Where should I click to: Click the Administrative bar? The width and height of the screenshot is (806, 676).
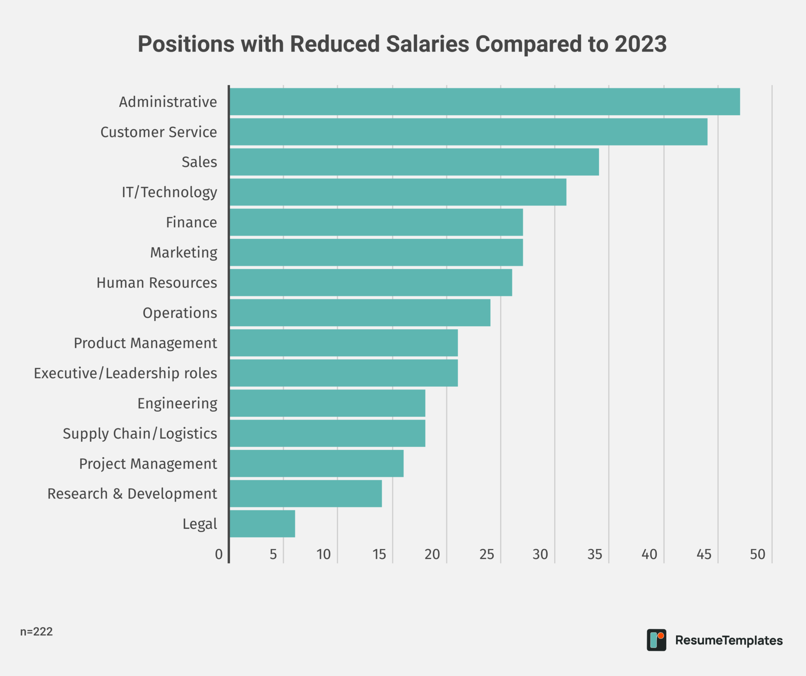[484, 102]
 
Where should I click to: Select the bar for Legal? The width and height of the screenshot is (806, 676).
[262, 523]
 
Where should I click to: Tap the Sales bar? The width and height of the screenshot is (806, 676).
[414, 162]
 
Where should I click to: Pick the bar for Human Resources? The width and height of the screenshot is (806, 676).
[371, 283]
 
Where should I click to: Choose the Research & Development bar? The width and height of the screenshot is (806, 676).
[305, 493]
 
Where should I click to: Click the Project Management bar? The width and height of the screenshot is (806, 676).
[316, 463]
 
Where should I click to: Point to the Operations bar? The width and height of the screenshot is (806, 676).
[360, 312]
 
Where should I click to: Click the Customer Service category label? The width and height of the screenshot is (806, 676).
[159, 132]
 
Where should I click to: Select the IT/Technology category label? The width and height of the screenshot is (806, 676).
[169, 192]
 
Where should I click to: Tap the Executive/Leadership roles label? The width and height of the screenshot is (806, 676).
[125, 373]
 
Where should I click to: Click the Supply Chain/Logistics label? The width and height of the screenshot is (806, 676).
[140, 433]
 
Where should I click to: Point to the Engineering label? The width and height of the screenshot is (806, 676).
[177, 403]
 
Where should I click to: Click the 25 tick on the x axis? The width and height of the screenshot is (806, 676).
[487, 554]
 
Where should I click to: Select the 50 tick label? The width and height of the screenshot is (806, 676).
[757, 554]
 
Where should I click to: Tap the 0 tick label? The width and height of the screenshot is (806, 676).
[219, 554]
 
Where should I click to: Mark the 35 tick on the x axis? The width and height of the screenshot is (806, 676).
[595, 554]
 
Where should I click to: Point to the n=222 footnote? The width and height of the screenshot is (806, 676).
[36, 632]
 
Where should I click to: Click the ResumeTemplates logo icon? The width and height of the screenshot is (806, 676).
[656, 640]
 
